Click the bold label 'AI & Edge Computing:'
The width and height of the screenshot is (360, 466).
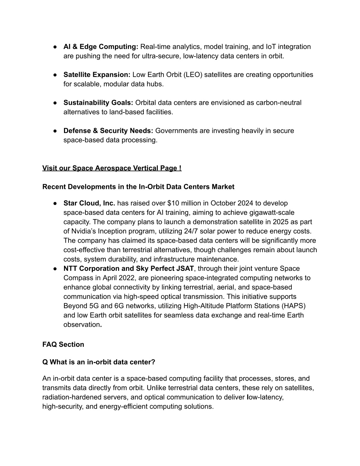[101, 47]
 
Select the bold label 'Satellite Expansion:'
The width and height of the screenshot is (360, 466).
[97, 75]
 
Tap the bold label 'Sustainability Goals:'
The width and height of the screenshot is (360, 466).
[98, 103]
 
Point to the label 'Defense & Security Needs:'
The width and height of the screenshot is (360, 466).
[108, 130]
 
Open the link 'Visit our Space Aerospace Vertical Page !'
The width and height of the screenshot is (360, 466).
[112, 168]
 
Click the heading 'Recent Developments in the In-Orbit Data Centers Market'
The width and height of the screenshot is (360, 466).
[138, 187]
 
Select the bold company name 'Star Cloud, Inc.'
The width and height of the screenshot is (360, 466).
[89, 203]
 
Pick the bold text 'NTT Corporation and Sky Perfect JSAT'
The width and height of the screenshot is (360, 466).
[129, 269]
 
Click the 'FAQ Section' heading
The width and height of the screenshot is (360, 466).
[63, 345]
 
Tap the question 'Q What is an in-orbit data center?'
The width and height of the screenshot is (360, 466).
[99, 362]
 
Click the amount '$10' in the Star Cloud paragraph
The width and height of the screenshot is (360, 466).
[173, 203]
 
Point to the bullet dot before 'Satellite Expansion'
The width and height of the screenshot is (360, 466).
[56, 75]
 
